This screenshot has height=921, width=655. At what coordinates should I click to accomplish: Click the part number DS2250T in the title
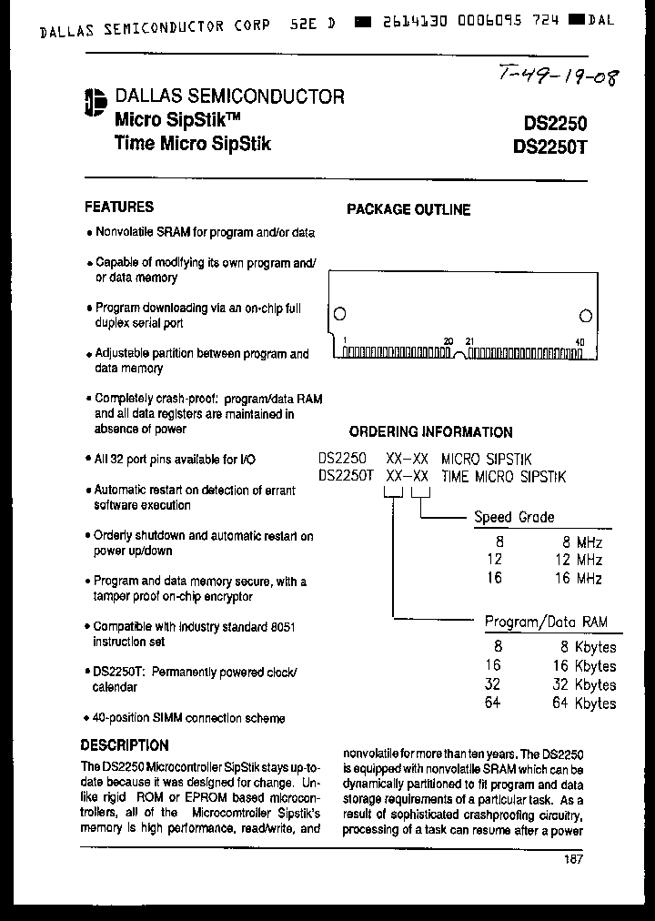coord(550,145)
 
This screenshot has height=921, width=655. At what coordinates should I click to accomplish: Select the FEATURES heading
coord(119,207)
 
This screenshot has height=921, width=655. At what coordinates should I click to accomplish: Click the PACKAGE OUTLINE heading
coord(408,209)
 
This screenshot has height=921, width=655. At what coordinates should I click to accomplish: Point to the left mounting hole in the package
coord(339,315)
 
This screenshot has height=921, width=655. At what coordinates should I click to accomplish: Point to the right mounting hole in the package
coord(586,315)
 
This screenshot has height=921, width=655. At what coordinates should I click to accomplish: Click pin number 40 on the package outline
coord(579,342)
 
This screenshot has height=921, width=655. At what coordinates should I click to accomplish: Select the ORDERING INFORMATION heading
coord(430,432)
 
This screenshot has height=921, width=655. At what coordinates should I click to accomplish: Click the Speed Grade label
coord(514,517)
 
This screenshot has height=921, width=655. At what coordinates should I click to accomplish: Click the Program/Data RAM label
coord(546,622)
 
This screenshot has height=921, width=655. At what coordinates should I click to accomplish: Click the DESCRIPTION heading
coord(125,744)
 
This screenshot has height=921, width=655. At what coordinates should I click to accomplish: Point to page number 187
coord(572,859)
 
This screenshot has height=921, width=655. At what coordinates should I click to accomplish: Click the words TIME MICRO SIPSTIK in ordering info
coord(504,476)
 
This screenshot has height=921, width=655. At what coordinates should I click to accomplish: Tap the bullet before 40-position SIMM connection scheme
coord(88,719)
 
